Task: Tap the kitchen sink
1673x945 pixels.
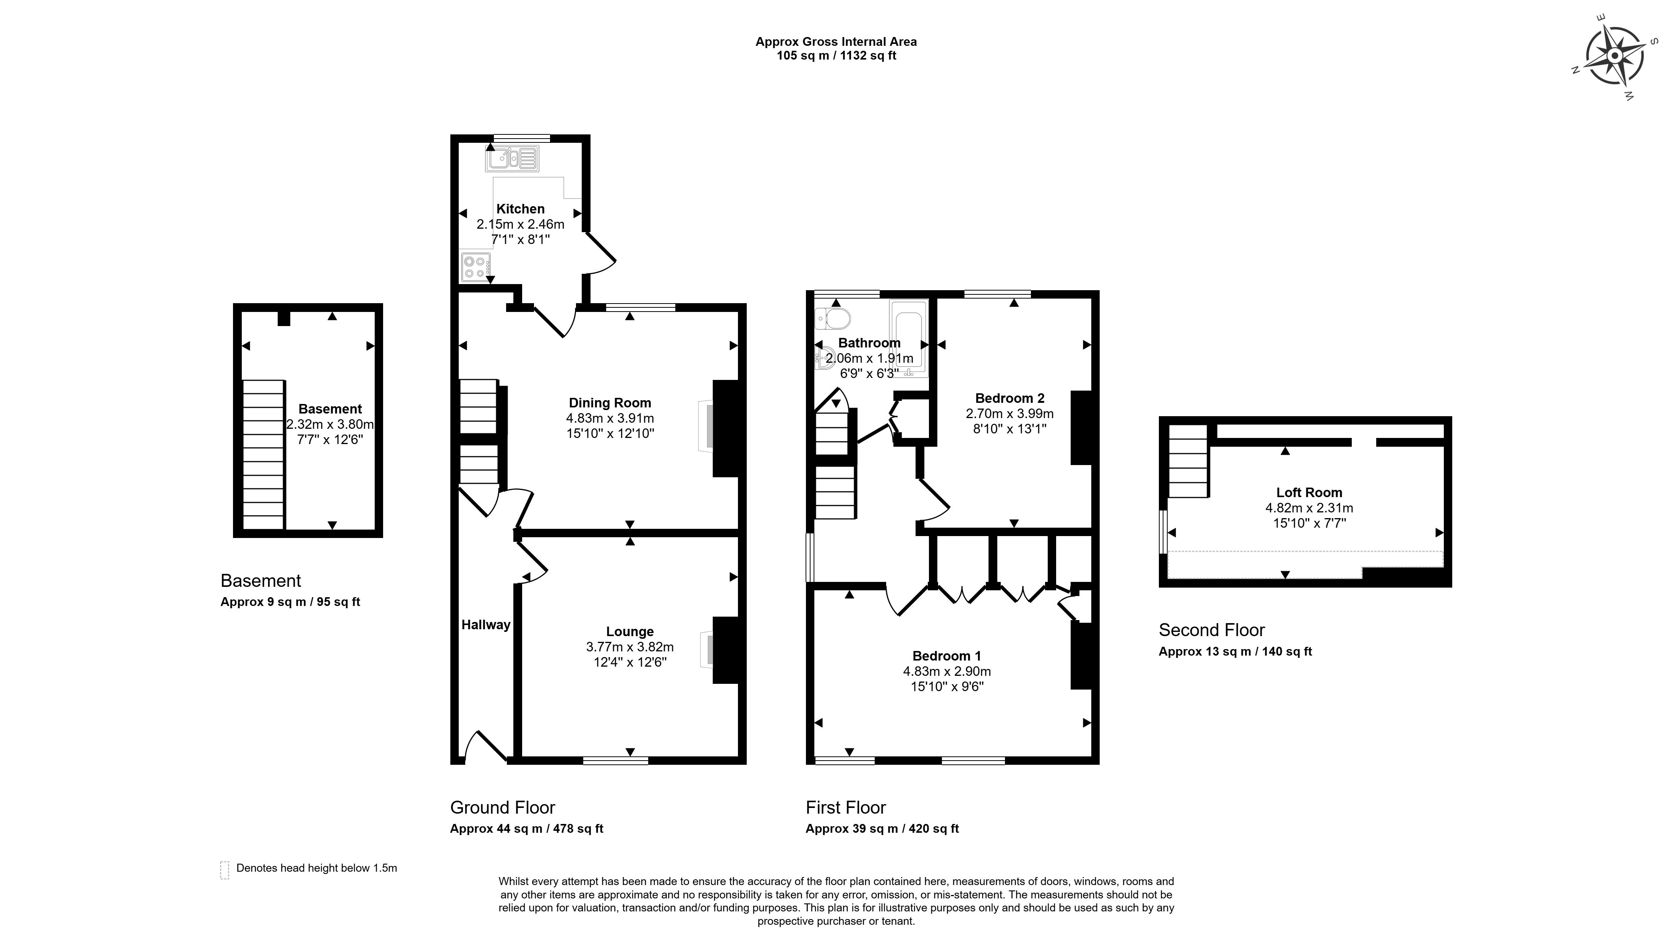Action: coord(512,158)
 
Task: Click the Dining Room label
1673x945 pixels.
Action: coord(610,403)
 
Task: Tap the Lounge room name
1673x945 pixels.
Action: coord(629,632)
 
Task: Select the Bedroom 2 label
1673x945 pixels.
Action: coord(1009,399)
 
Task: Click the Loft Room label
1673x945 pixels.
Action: coord(1309,493)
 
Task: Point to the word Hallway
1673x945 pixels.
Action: coord(486,625)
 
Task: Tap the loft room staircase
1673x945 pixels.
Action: coord(1188,461)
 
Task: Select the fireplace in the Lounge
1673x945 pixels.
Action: coord(707,649)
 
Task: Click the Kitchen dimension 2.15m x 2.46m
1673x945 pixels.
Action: coord(520,225)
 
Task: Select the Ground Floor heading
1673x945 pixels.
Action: coord(503,808)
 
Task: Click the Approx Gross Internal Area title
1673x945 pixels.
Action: coord(836,42)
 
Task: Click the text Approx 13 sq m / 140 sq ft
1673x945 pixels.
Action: coord(1235,652)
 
